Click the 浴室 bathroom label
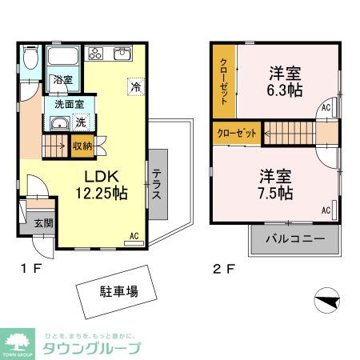point(62,80)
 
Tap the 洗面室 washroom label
point(70,105)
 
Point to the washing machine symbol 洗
point(81,122)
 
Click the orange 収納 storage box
point(82,146)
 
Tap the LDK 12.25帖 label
point(101,185)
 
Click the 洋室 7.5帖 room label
point(274,185)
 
